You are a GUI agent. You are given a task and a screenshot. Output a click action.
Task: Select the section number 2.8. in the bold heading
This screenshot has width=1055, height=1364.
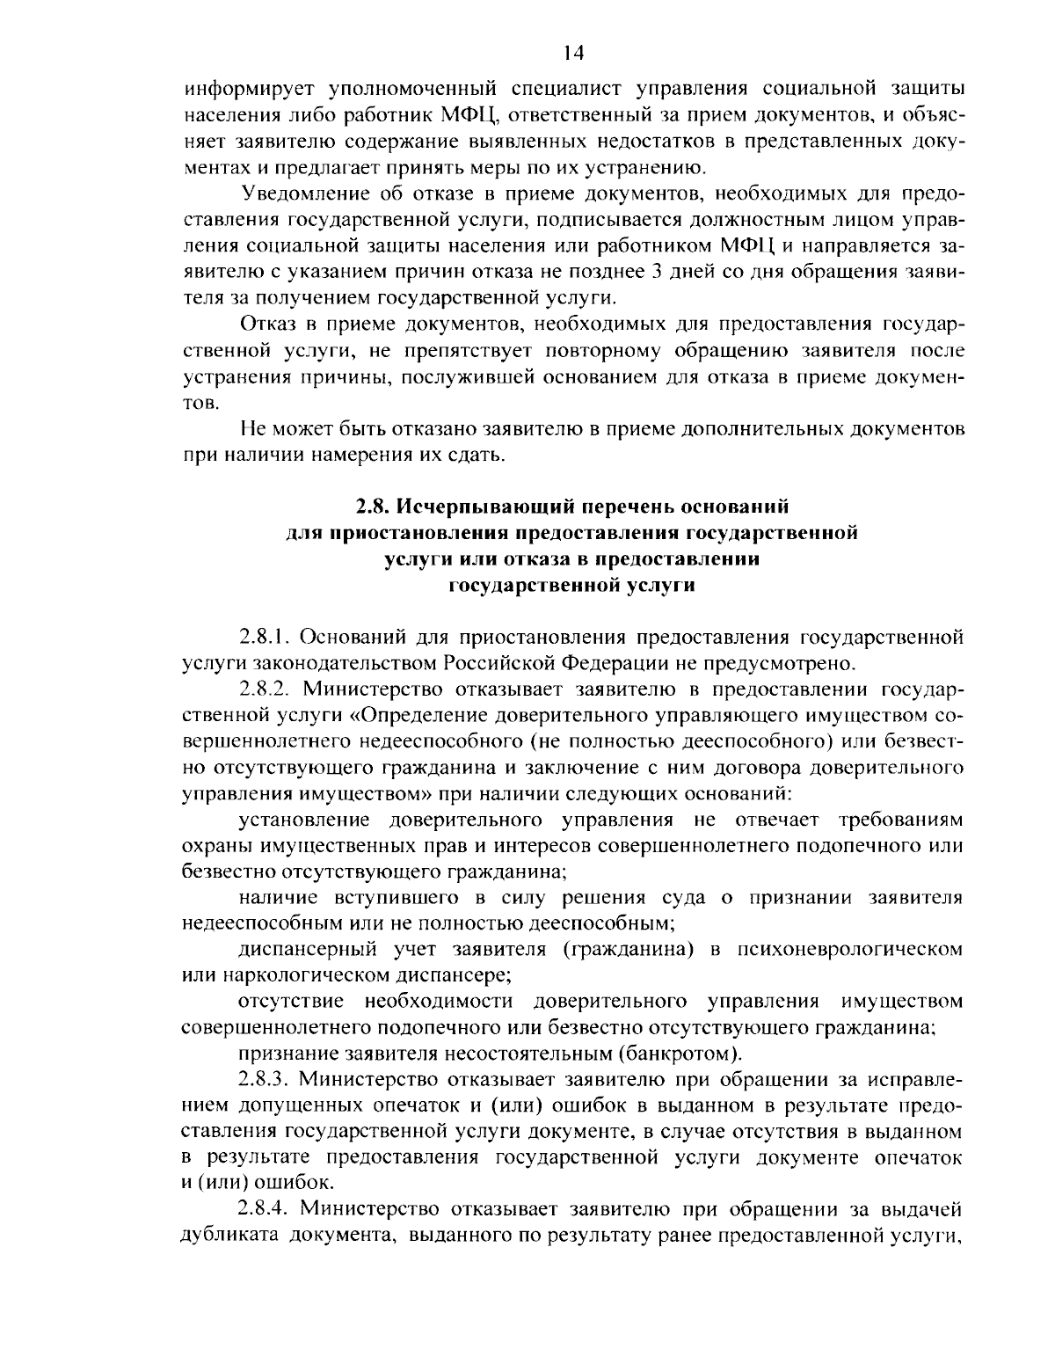[x=373, y=507]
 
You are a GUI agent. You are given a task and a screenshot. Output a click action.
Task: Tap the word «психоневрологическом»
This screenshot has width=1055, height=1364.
[x=849, y=949]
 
